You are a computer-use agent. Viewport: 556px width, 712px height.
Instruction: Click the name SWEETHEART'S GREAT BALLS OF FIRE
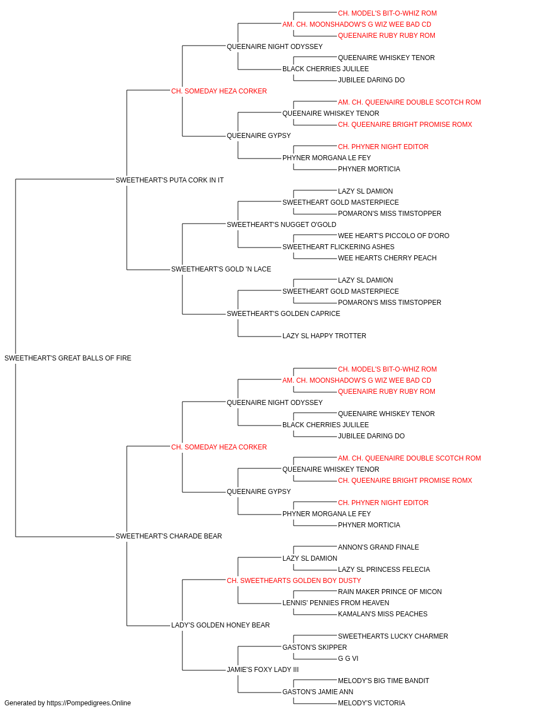click(68, 358)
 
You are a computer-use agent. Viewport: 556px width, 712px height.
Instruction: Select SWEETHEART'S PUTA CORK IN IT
click(170, 180)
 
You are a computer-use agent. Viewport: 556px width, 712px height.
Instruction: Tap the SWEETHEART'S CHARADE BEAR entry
click(168, 536)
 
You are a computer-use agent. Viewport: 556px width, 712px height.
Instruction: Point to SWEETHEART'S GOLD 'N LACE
click(221, 269)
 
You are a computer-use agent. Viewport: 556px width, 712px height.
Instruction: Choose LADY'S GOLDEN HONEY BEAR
click(220, 625)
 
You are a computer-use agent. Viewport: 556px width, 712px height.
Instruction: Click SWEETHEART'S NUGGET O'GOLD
click(281, 225)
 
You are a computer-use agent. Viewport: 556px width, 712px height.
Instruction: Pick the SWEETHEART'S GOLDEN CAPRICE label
click(284, 314)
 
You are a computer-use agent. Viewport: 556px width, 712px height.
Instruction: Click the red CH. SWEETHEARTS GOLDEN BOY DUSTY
click(294, 581)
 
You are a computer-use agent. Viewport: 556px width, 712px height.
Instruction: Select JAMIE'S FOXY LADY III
click(262, 670)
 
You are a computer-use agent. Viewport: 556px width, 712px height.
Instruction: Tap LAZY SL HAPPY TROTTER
click(324, 336)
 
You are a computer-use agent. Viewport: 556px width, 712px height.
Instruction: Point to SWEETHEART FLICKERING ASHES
click(338, 247)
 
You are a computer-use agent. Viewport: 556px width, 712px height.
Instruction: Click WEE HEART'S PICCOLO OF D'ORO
click(394, 236)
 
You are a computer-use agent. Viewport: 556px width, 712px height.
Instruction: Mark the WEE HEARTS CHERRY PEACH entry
click(388, 258)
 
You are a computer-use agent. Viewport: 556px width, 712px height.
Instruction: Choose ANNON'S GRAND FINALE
click(379, 547)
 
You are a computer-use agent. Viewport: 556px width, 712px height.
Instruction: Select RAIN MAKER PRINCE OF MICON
click(390, 592)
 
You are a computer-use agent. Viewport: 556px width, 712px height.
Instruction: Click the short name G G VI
click(348, 659)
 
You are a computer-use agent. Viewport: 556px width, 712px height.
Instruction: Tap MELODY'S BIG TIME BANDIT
click(384, 681)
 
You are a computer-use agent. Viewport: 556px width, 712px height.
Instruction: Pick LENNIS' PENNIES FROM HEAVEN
click(336, 603)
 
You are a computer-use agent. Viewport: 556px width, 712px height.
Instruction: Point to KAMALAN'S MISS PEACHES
click(383, 614)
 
